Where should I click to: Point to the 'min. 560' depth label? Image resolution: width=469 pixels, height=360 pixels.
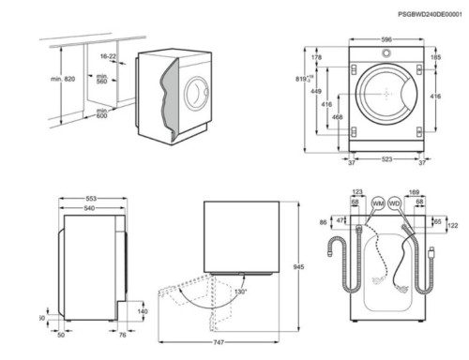click(x=101, y=78)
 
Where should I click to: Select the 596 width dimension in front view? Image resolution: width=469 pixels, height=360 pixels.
click(x=386, y=39)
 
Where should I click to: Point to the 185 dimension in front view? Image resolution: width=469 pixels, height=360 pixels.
click(x=434, y=58)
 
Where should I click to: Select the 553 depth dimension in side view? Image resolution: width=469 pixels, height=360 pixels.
click(x=91, y=200)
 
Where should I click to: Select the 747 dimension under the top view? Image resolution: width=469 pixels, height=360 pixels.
click(x=219, y=346)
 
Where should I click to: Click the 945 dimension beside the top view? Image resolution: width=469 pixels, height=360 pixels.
click(x=299, y=268)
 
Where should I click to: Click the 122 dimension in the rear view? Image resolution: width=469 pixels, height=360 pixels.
click(x=452, y=227)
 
